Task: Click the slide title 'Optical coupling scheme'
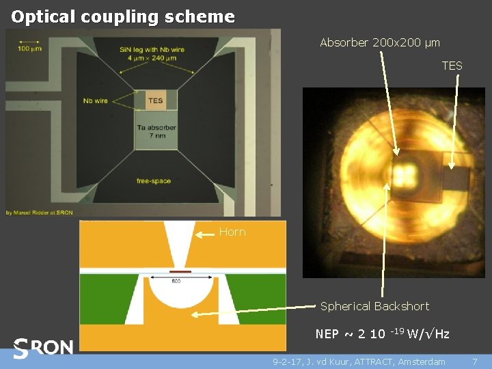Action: coord(123,16)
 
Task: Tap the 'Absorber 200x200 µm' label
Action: coord(380,42)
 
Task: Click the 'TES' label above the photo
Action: coord(452,66)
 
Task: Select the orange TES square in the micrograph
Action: coord(156,100)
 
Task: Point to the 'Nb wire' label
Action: coord(96,100)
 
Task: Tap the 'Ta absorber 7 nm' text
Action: coord(156,132)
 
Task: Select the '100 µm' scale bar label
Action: coord(28,49)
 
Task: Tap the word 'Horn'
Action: coord(232,232)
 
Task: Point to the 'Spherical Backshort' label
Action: coord(374,306)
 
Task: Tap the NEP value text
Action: coord(383,333)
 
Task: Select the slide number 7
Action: coord(475,361)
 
